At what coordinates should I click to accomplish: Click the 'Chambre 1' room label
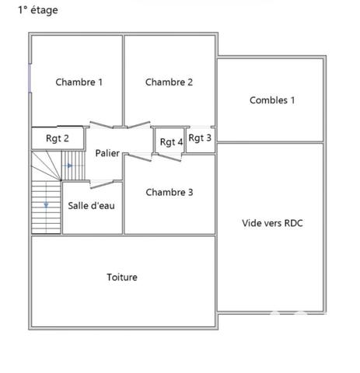click(x=79, y=82)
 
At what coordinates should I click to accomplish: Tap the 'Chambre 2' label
click(x=169, y=82)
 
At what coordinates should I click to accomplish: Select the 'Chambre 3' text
click(x=170, y=193)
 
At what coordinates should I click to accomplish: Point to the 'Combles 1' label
click(x=272, y=100)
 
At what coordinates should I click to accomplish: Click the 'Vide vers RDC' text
click(x=272, y=223)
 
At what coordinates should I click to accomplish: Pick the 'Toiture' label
click(x=122, y=277)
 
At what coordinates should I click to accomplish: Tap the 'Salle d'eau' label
click(x=92, y=206)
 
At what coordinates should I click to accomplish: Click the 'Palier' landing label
click(x=107, y=153)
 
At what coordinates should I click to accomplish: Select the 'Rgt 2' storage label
click(x=58, y=138)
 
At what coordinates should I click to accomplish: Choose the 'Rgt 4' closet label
click(x=171, y=141)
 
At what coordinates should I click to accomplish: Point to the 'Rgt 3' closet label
click(x=200, y=138)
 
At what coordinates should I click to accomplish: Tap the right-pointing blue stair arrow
click(x=69, y=166)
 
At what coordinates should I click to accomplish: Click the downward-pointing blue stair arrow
click(x=47, y=205)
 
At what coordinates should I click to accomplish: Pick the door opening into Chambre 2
click(x=138, y=125)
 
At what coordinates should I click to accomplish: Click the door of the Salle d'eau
click(x=101, y=183)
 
